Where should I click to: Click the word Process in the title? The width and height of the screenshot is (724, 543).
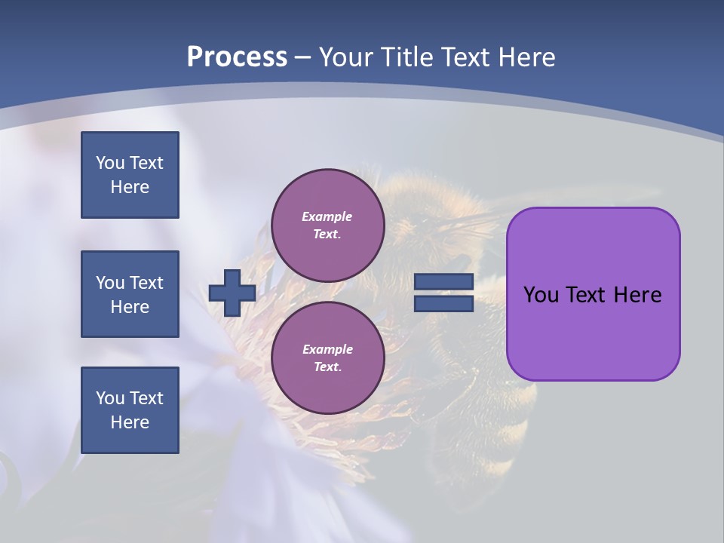(237, 57)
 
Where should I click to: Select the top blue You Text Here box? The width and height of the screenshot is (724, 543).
(130, 175)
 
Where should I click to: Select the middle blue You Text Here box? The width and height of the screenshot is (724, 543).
(130, 294)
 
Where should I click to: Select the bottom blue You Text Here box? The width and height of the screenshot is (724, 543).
(130, 410)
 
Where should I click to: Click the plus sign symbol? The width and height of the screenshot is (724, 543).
(232, 293)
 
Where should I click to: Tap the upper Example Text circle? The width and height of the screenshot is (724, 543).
(327, 225)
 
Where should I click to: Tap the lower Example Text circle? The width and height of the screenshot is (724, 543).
(327, 358)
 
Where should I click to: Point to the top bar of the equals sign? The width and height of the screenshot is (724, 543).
(443, 282)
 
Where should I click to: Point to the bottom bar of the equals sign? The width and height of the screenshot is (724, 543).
(443, 304)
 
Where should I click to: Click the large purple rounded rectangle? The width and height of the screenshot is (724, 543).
(593, 339)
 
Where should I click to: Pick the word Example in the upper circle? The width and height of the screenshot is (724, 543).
(327, 216)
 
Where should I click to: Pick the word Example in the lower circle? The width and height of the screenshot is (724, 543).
(327, 349)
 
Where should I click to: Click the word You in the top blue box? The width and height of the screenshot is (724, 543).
(109, 163)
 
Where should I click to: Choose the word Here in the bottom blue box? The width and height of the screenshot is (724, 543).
(130, 422)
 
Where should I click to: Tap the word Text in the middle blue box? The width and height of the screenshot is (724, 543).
(146, 283)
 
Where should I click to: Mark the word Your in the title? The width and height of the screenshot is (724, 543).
(346, 57)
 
